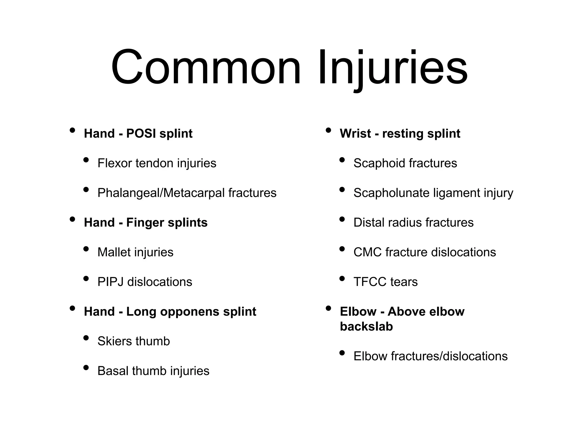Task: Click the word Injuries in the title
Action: [x=393, y=68]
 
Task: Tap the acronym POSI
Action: [x=141, y=134]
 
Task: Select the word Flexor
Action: [x=114, y=163]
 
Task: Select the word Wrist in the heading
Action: [x=355, y=134]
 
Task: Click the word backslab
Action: [x=366, y=327]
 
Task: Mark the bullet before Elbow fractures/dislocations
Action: [x=342, y=353]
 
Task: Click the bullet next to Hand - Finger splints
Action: [x=72, y=219]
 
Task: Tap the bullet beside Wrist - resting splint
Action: [x=328, y=130]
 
